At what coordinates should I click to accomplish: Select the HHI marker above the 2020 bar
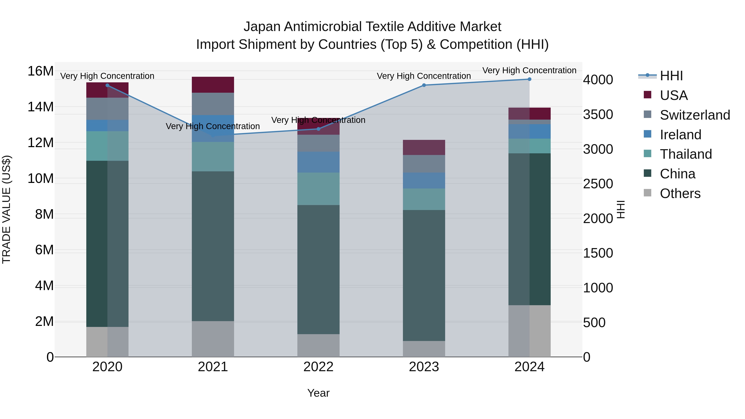coord(107,85)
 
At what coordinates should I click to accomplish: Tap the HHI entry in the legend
coord(671,76)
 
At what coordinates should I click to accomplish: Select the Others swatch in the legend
coord(647,193)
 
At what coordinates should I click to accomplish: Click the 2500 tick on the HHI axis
coord(597,184)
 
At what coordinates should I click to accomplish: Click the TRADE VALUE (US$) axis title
coord(6,209)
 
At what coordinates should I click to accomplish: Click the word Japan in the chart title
coord(262,27)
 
